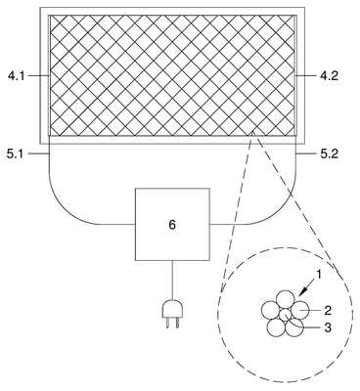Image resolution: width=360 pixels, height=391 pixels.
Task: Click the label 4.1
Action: [16, 76]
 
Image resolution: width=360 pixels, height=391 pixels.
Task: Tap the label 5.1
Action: [16, 153]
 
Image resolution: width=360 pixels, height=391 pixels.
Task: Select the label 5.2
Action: [330, 153]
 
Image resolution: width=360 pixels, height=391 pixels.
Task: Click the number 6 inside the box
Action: [172, 225]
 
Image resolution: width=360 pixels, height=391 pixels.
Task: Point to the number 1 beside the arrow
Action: [319, 275]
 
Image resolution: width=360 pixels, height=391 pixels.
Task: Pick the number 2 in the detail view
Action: [328, 310]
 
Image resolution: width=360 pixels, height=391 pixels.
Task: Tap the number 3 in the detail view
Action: [328, 327]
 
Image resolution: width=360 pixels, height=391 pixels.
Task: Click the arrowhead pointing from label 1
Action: [300, 293]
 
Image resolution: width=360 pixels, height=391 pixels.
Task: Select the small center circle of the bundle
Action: [286, 315]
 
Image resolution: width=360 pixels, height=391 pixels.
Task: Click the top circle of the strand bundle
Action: [286, 300]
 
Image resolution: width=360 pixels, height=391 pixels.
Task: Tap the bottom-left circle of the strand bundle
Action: [276, 326]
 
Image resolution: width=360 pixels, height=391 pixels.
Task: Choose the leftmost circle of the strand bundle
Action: [271, 311]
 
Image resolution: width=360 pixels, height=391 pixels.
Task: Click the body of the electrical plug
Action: [172, 309]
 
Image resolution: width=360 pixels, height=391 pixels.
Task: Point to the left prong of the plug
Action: [167, 323]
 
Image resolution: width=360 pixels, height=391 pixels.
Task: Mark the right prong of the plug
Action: [177, 323]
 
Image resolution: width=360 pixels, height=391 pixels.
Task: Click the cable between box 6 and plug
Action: [172, 281]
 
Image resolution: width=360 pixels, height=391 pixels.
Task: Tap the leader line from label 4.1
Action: [38, 76]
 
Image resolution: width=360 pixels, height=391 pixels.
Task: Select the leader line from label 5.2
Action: [305, 153]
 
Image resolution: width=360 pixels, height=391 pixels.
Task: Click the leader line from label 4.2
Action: [305, 76]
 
